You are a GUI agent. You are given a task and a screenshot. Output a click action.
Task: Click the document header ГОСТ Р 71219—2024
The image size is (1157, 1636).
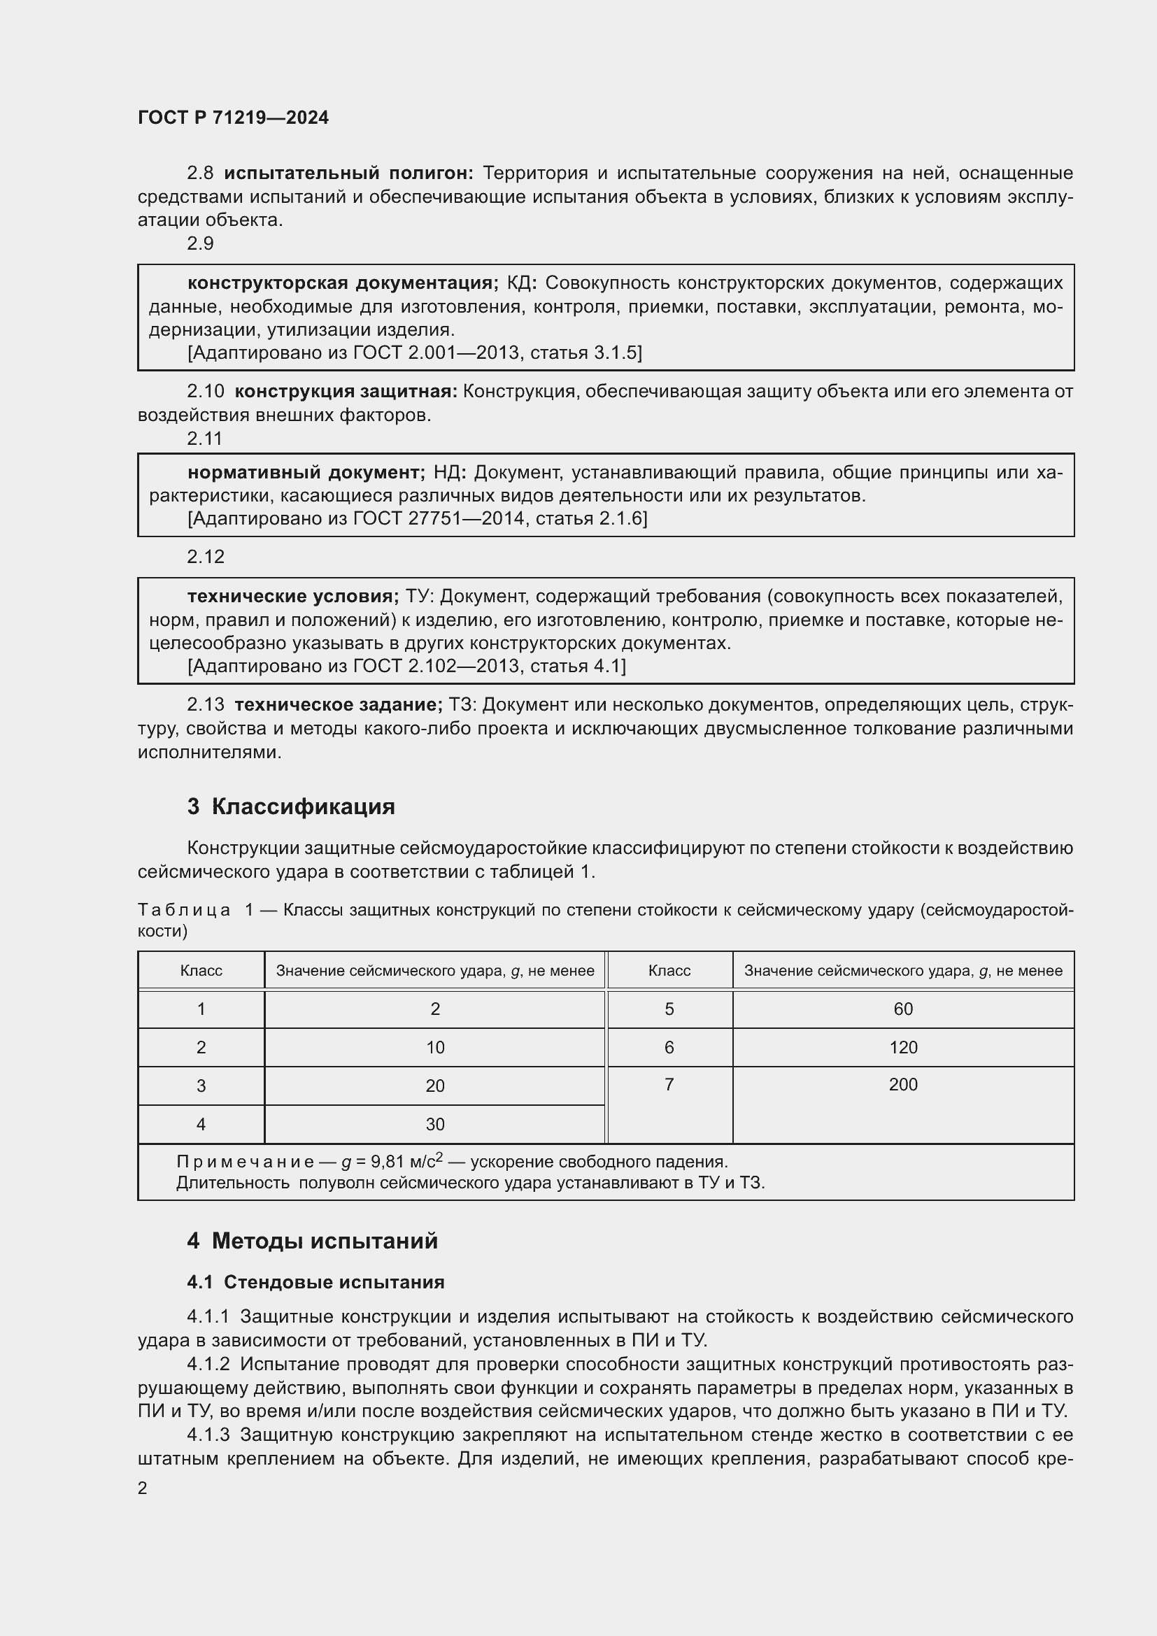[x=233, y=118]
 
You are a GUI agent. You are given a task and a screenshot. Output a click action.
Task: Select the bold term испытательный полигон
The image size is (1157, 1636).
[x=348, y=173]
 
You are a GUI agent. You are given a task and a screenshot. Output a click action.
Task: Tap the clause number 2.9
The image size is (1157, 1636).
[x=200, y=243]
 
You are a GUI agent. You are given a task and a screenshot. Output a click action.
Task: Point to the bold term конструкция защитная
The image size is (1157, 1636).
[x=346, y=391]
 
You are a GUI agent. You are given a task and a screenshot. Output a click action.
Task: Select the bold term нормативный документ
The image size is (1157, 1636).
[x=306, y=472]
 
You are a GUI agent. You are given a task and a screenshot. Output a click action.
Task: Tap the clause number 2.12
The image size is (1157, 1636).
[x=205, y=557]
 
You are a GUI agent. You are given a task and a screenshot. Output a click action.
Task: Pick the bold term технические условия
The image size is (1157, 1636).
[x=293, y=597]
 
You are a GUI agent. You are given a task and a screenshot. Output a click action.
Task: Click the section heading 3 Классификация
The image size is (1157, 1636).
[x=291, y=806]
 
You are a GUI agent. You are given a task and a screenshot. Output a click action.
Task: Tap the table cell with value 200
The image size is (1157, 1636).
[x=902, y=1085]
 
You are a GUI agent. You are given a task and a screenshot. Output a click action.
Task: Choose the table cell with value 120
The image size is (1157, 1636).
[x=902, y=1048]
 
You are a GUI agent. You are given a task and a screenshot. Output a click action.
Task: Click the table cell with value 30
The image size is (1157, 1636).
[x=434, y=1125]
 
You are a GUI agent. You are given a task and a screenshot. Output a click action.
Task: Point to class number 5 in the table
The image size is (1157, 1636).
[x=669, y=1009]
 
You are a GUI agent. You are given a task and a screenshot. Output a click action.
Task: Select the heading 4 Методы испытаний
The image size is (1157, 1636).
[x=312, y=1242]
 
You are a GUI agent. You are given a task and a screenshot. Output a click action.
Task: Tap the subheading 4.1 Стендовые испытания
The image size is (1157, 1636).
[x=315, y=1283]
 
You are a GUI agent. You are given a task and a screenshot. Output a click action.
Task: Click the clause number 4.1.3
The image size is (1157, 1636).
[x=208, y=1435]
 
